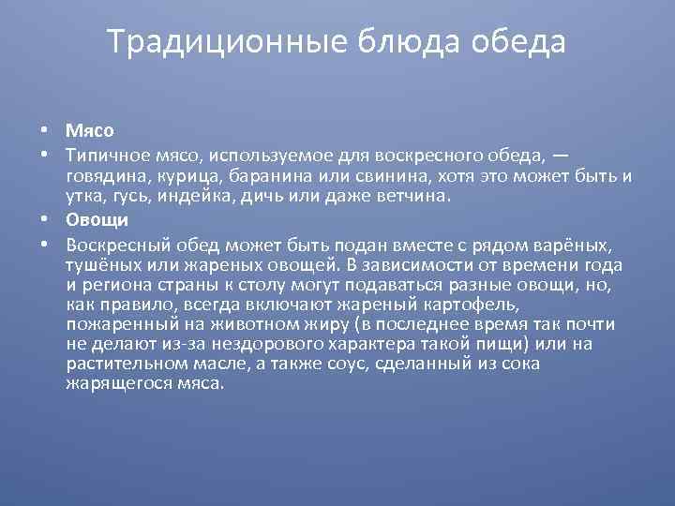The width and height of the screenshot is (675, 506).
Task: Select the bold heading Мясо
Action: (x=90, y=131)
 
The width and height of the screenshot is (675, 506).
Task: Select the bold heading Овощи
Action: (x=97, y=220)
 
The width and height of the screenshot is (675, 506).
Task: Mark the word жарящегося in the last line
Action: (x=112, y=383)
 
